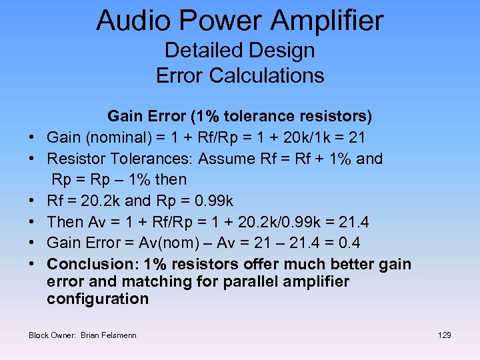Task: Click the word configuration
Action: click(97, 299)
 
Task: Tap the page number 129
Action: click(445, 335)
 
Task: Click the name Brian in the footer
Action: click(89, 335)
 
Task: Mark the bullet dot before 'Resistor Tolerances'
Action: click(32, 159)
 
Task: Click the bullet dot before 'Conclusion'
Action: click(32, 264)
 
